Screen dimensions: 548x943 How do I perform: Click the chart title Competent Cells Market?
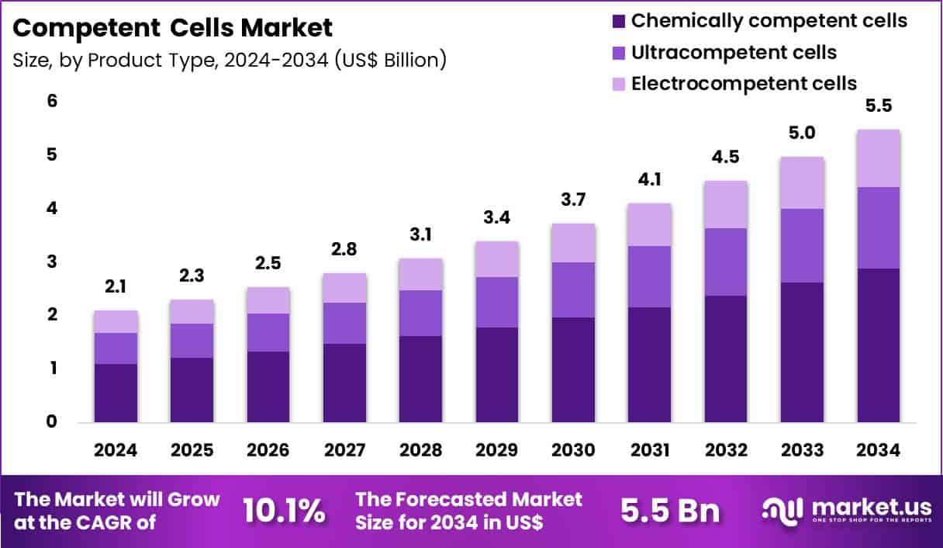click(173, 28)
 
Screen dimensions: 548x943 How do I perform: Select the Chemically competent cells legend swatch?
click(618, 21)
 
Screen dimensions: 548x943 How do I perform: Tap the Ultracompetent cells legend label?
click(734, 52)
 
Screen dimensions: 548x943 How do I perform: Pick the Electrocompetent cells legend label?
click(744, 83)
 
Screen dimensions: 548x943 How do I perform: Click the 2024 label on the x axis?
click(115, 450)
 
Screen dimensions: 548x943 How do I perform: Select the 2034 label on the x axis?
click(878, 450)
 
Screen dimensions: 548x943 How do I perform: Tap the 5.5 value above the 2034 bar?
click(878, 106)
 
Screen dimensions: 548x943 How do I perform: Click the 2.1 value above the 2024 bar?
click(115, 288)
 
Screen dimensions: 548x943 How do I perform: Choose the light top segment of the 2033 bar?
click(802, 182)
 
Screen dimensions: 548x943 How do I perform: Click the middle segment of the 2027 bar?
click(344, 323)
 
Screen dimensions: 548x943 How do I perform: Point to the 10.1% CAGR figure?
click(284, 511)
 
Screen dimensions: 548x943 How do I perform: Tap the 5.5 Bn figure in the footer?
click(670, 511)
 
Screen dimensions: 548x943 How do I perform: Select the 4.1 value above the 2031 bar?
click(649, 181)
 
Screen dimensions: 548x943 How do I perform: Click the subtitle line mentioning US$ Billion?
click(230, 60)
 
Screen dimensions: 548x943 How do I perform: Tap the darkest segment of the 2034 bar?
click(878, 345)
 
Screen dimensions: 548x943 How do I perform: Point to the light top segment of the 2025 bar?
click(192, 311)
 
